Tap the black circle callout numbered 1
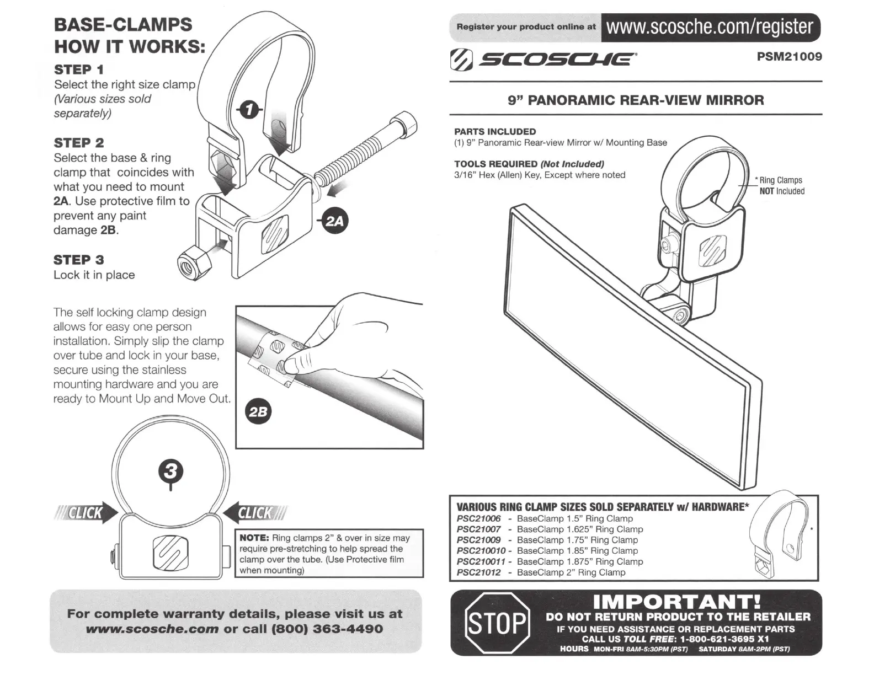(249, 110)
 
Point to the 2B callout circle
(258, 412)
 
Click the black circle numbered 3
(170, 471)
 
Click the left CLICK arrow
(87, 513)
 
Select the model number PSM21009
(790, 56)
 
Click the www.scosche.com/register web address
(710, 26)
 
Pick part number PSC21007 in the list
(478, 529)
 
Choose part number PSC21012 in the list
(478, 572)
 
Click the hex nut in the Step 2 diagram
(195, 262)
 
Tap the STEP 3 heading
(78, 260)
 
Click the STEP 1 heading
(78, 69)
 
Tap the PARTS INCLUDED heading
(495, 131)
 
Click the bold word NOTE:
(254, 538)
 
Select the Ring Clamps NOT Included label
(781, 186)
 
